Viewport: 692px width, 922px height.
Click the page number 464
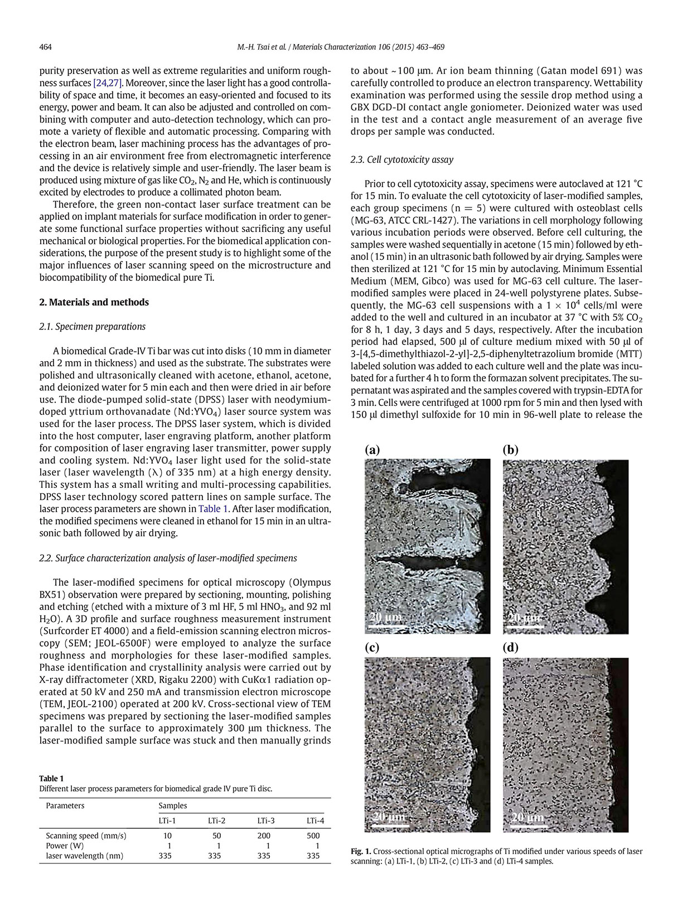[45, 47]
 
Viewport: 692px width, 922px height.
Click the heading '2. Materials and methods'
[94, 302]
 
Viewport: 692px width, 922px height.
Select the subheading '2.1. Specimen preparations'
[92, 327]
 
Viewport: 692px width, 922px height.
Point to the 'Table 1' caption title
[51, 778]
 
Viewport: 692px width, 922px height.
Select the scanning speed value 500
[313, 836]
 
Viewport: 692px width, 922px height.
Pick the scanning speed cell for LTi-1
[167, 836]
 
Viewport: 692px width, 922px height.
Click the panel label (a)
[372, 450]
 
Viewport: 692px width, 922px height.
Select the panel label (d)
[510, 648]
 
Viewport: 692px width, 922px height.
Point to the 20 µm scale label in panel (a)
[385, 617]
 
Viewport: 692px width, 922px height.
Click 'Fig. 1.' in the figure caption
[361, 851]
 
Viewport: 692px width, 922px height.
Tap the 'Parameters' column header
[65, 805]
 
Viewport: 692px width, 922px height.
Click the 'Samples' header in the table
[172, 805]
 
